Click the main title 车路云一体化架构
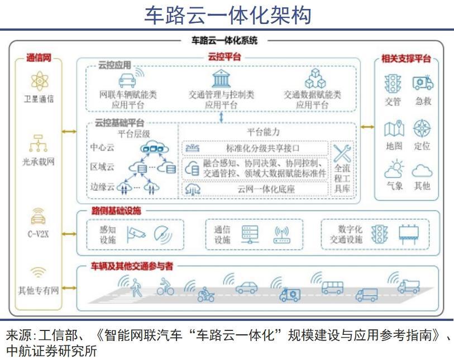(227, 15)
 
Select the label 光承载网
(39, 162)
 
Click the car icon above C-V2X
(39, 217)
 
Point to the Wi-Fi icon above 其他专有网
(39, 273)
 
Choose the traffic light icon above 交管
(393, 84)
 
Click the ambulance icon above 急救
(422, 83)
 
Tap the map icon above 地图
(394, 129)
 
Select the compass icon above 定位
(422, 129)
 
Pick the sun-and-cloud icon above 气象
(394, 168)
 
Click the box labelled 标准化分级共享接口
(255, 148)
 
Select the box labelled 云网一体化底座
(255, 189)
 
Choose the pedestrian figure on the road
(136, 288)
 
